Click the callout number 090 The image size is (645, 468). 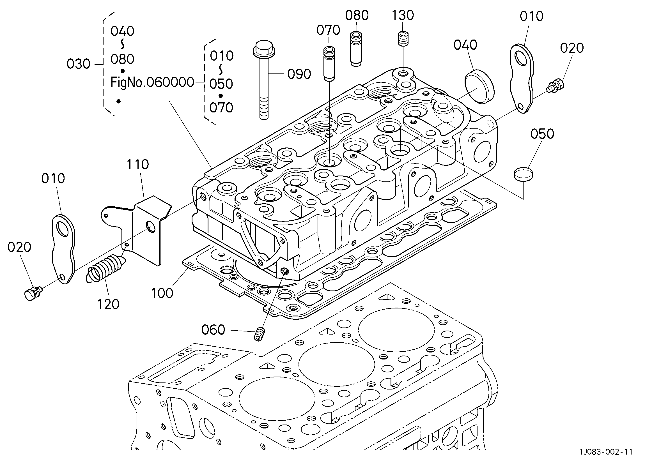pyautogui.click(x=299, y=74)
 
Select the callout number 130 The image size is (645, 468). pyautogui.click(x=403, y=15)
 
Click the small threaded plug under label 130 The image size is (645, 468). pyautogui.click(x=403, y=39)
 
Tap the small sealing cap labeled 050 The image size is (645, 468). pyautogui.click(x=523, y=174)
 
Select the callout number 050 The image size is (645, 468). pyautogui.click(x=542, y=134)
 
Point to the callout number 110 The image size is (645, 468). pyautogui.click(x=138, y=165)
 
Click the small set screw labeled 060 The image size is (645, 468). pyautogui.click(x=259, y=334)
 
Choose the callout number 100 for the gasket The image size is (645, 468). pyautogui.click(x=162, y=293)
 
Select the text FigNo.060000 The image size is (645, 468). pyautogui.click(x=152, y=82)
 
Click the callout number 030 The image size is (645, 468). pyautogui.click(x=78, y=64)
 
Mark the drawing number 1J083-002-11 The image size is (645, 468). pyautogui.click(x=606, y=460)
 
